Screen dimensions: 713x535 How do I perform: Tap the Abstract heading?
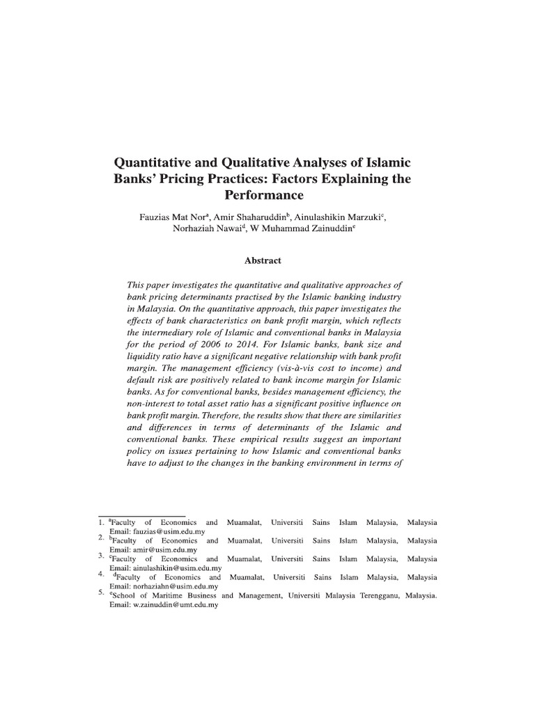coord(263,260)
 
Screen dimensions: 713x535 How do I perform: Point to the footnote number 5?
coord(101,593)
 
